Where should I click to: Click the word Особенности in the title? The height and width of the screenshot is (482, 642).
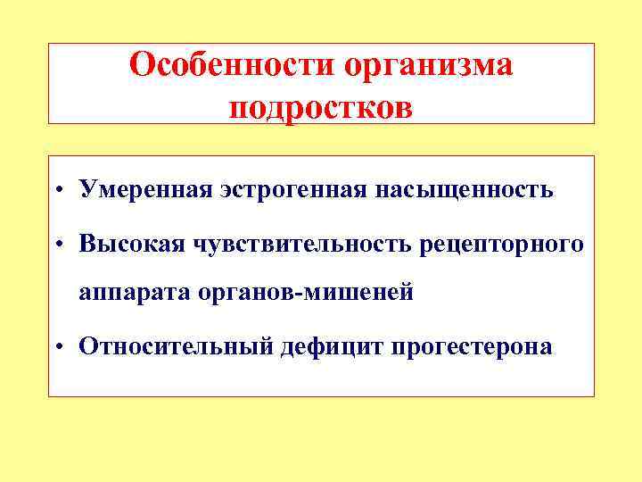pyautogui.click(x=229, y=66)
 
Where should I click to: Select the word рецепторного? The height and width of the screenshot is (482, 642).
pyautogui.click(x=503, y=244)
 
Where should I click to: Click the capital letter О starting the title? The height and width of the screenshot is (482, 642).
pyautogui.click(x=140, y=65)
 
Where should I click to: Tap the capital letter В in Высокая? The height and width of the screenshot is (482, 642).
pyautogui.click(x=87, y=243)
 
